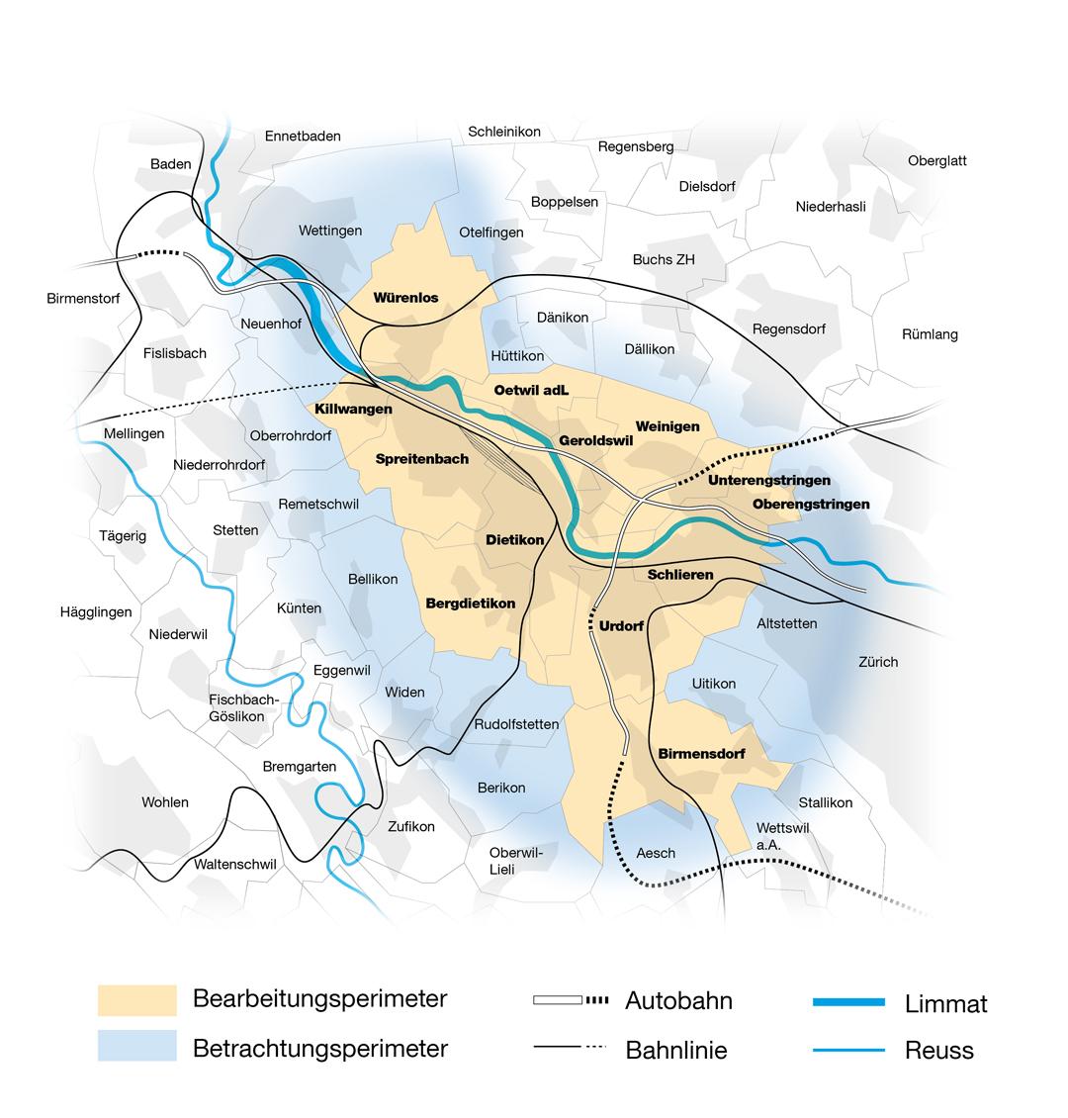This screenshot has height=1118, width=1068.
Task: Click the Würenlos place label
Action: (x=405, y=297)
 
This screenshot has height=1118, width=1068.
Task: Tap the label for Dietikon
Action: (x=514, y=540)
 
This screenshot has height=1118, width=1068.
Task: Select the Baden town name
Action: (x=171, y=163)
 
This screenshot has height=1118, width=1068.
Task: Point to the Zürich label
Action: (x=877, y=661)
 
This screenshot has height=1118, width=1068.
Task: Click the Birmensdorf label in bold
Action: (x=701, y=753)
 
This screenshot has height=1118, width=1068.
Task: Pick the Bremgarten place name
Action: (x=299, y=766)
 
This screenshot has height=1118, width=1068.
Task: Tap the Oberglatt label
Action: (x=936, y=160)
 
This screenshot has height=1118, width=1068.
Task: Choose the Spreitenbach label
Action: (x=422, y=458)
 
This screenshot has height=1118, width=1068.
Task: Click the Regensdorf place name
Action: (x=788, y=328)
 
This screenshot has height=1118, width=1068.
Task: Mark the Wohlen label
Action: (x=165, y=801)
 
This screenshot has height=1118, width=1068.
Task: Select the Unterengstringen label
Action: (x=768, y=480)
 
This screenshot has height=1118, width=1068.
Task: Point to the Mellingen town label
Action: (x=133, y=433)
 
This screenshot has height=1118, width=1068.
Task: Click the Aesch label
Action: (x=656, y=852)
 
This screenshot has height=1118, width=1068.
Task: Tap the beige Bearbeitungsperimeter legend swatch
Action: (x=136, y=999)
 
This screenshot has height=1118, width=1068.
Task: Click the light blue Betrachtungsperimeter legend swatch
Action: (x=136, y=1046)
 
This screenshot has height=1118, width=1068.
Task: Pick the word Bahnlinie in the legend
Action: (x=676, y=1050)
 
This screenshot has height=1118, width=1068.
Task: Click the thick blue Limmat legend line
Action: (x=847, y=1002)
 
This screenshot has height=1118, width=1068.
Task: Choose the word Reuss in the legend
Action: (x=938, y=1050)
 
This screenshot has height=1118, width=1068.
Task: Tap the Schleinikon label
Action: (x=504, y=132)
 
